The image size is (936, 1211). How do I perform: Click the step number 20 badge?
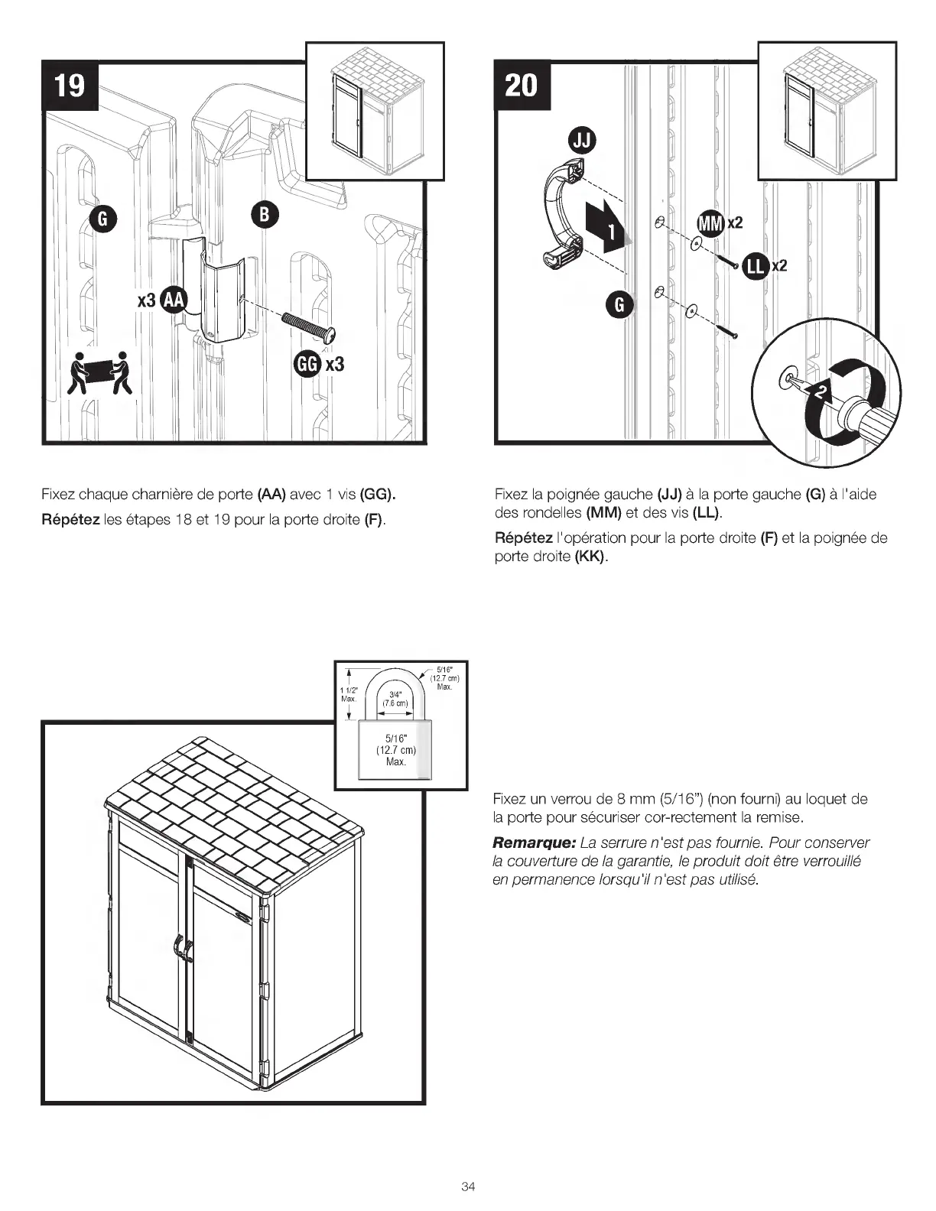coord(522,85)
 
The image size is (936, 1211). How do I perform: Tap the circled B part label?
coord(264,215)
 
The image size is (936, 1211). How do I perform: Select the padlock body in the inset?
coord(395,750)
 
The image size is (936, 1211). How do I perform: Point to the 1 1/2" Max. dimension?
coord(349,694)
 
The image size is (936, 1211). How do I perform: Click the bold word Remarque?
coord(533,843)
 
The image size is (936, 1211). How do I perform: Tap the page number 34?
coord(468,1187)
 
